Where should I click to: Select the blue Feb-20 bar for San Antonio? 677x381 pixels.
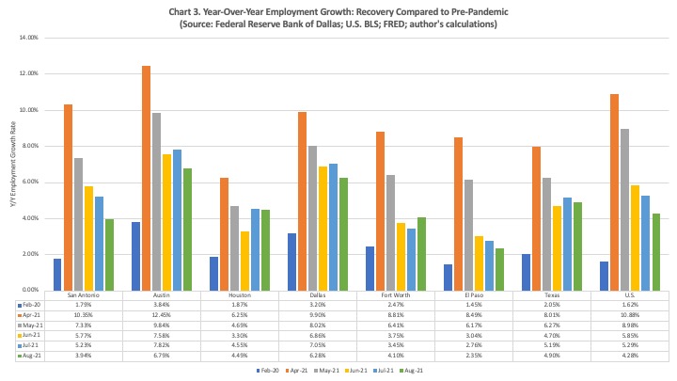pos(57,274)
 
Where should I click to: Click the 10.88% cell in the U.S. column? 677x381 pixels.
pos(628,314)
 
